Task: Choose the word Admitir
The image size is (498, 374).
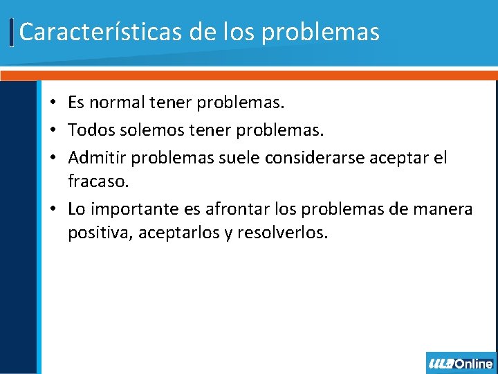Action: click(x=97, y=158)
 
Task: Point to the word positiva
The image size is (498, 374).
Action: click(x=100, y=233)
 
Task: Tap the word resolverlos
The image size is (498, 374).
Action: click(x=282, y=233)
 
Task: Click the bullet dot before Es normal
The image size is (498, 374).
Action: click(x=53, y=104)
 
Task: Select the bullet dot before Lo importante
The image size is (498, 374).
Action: click(x=53, y=209)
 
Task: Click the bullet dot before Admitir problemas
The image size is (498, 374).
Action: click(x=53, y=159)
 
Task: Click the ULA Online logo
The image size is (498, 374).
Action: click(x=461, y=363)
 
